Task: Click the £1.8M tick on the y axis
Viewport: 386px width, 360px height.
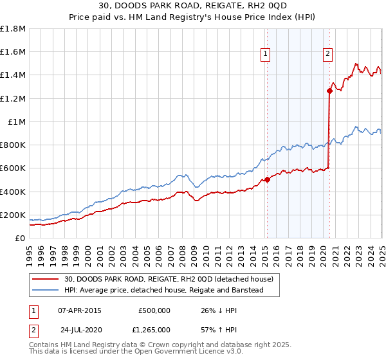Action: pyautogui.click(x=13, y=29)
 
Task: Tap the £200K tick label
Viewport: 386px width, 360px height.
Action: pyautogui.click(x=13, y=215)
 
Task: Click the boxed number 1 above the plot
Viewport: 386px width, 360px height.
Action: pyautogui.click(x=266, y=55)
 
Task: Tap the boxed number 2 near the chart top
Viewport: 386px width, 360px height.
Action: pyautogui.click(x=328, y=55)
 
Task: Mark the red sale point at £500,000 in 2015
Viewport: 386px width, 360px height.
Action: pyautogui.click(x=267, y=180)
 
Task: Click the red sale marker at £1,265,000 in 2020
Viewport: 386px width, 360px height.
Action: pyautogui.click(x=329, y=91)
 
